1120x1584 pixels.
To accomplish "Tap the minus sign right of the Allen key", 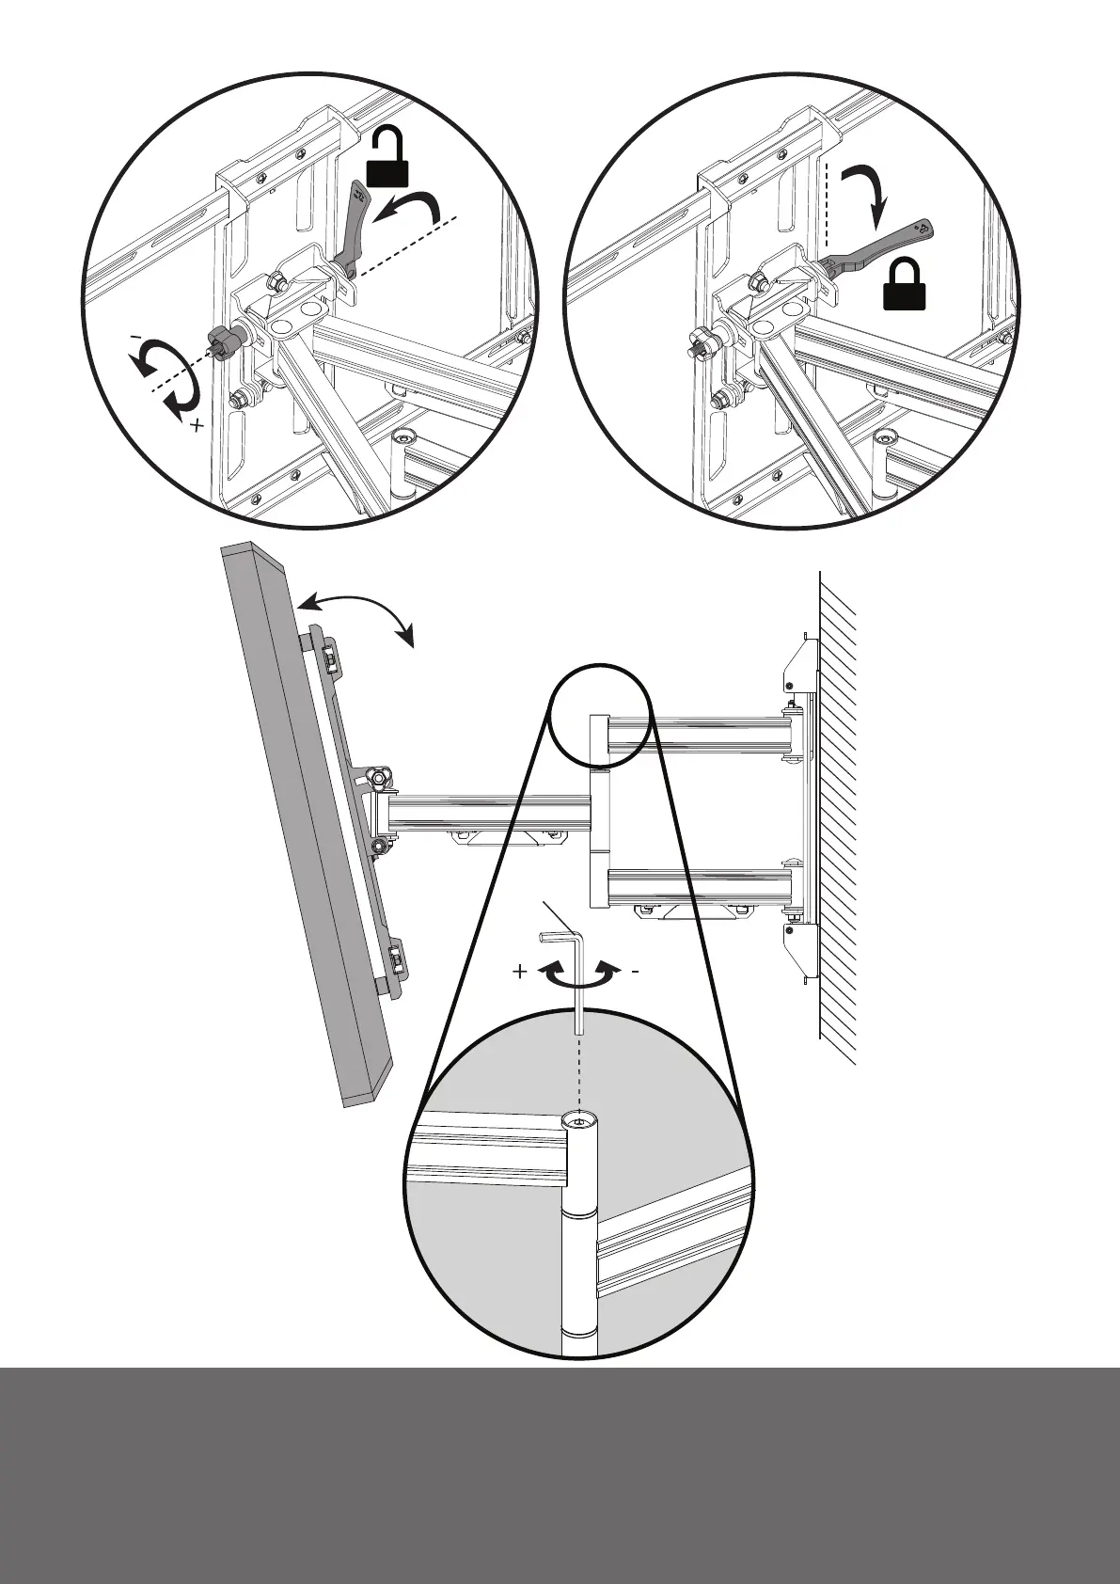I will pos(636,972).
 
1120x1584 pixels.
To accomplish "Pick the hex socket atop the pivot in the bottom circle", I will pos(580,1120).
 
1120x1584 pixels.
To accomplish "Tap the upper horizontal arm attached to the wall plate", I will pos(696,735).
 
